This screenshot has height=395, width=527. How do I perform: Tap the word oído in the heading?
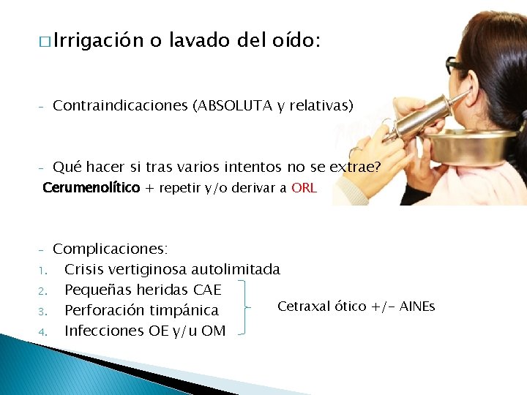click(293, 41)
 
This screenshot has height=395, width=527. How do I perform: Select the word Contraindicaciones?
click(120, 106)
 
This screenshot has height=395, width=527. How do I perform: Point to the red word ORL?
click(304, 188)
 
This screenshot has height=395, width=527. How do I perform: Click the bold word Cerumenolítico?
click(91, 188)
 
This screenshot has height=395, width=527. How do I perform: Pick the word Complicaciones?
click(110, 249)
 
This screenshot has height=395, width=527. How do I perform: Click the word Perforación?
click(111, 310)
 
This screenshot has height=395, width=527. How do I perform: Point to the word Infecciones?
click(105, 331)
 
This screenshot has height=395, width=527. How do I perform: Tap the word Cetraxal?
click(304, 306)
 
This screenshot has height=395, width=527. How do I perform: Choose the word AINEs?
click(416, 306)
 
